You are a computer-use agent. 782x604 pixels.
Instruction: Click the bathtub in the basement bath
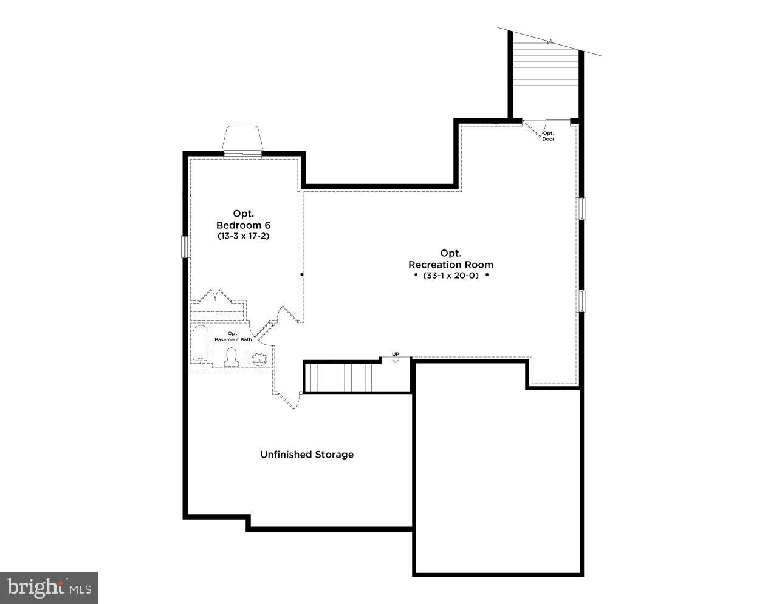point(201,344)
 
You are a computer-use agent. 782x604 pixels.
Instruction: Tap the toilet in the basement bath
point(231,357)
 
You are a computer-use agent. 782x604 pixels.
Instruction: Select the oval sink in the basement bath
point(259,359)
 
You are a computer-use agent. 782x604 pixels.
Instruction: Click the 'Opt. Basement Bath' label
point(233,336)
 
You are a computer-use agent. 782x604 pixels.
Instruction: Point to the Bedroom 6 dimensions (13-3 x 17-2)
point(243,236)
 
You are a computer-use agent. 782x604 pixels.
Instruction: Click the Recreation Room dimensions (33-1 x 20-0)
point(451,276)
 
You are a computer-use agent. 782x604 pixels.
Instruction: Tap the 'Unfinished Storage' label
point(307,455)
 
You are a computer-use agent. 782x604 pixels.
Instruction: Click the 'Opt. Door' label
point(548,136)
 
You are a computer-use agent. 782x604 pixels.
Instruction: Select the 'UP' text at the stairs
point(395,354)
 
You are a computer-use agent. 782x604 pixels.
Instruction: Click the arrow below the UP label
point(396,359)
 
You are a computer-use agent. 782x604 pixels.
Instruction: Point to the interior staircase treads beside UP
point(342,377)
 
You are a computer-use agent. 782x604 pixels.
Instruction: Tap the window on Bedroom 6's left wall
point(185,246)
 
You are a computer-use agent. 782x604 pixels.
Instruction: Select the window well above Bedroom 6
point(242,138)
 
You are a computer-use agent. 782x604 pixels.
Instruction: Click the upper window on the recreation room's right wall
point(581,208)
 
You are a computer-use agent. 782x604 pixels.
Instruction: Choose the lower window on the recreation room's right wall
point(581,300)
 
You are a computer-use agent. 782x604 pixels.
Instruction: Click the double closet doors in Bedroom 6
point(215,296)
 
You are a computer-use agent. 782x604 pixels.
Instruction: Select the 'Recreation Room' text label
point(451,265)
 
